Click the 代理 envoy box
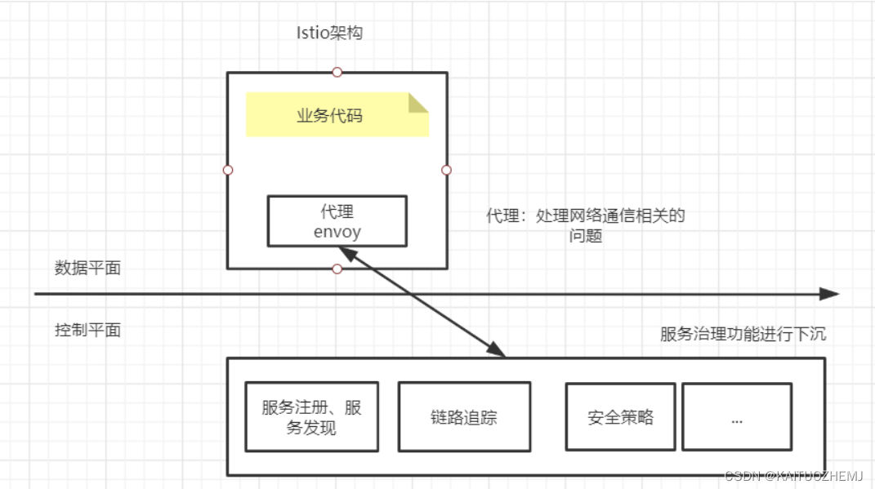pos(337,220)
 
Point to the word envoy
pos(337,231)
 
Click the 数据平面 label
pos(87,268)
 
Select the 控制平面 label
pos(87,330)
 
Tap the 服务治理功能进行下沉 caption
pos(743,334)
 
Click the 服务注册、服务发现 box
pos(311,416)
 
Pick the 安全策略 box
pos(621,416)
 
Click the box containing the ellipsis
pos(736,416)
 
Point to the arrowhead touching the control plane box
pos(495,349)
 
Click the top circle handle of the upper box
pos(337,72)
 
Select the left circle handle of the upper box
pos(228,170)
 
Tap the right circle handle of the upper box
pos(446,170)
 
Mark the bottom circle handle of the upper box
pos(337,269)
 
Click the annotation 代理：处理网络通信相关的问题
pos(585,225)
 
